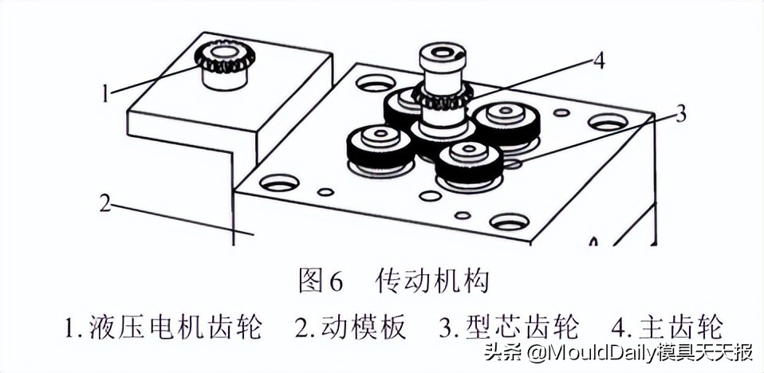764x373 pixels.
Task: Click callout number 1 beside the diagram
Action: point(104,94)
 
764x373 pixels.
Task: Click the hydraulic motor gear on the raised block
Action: point(224,60)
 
